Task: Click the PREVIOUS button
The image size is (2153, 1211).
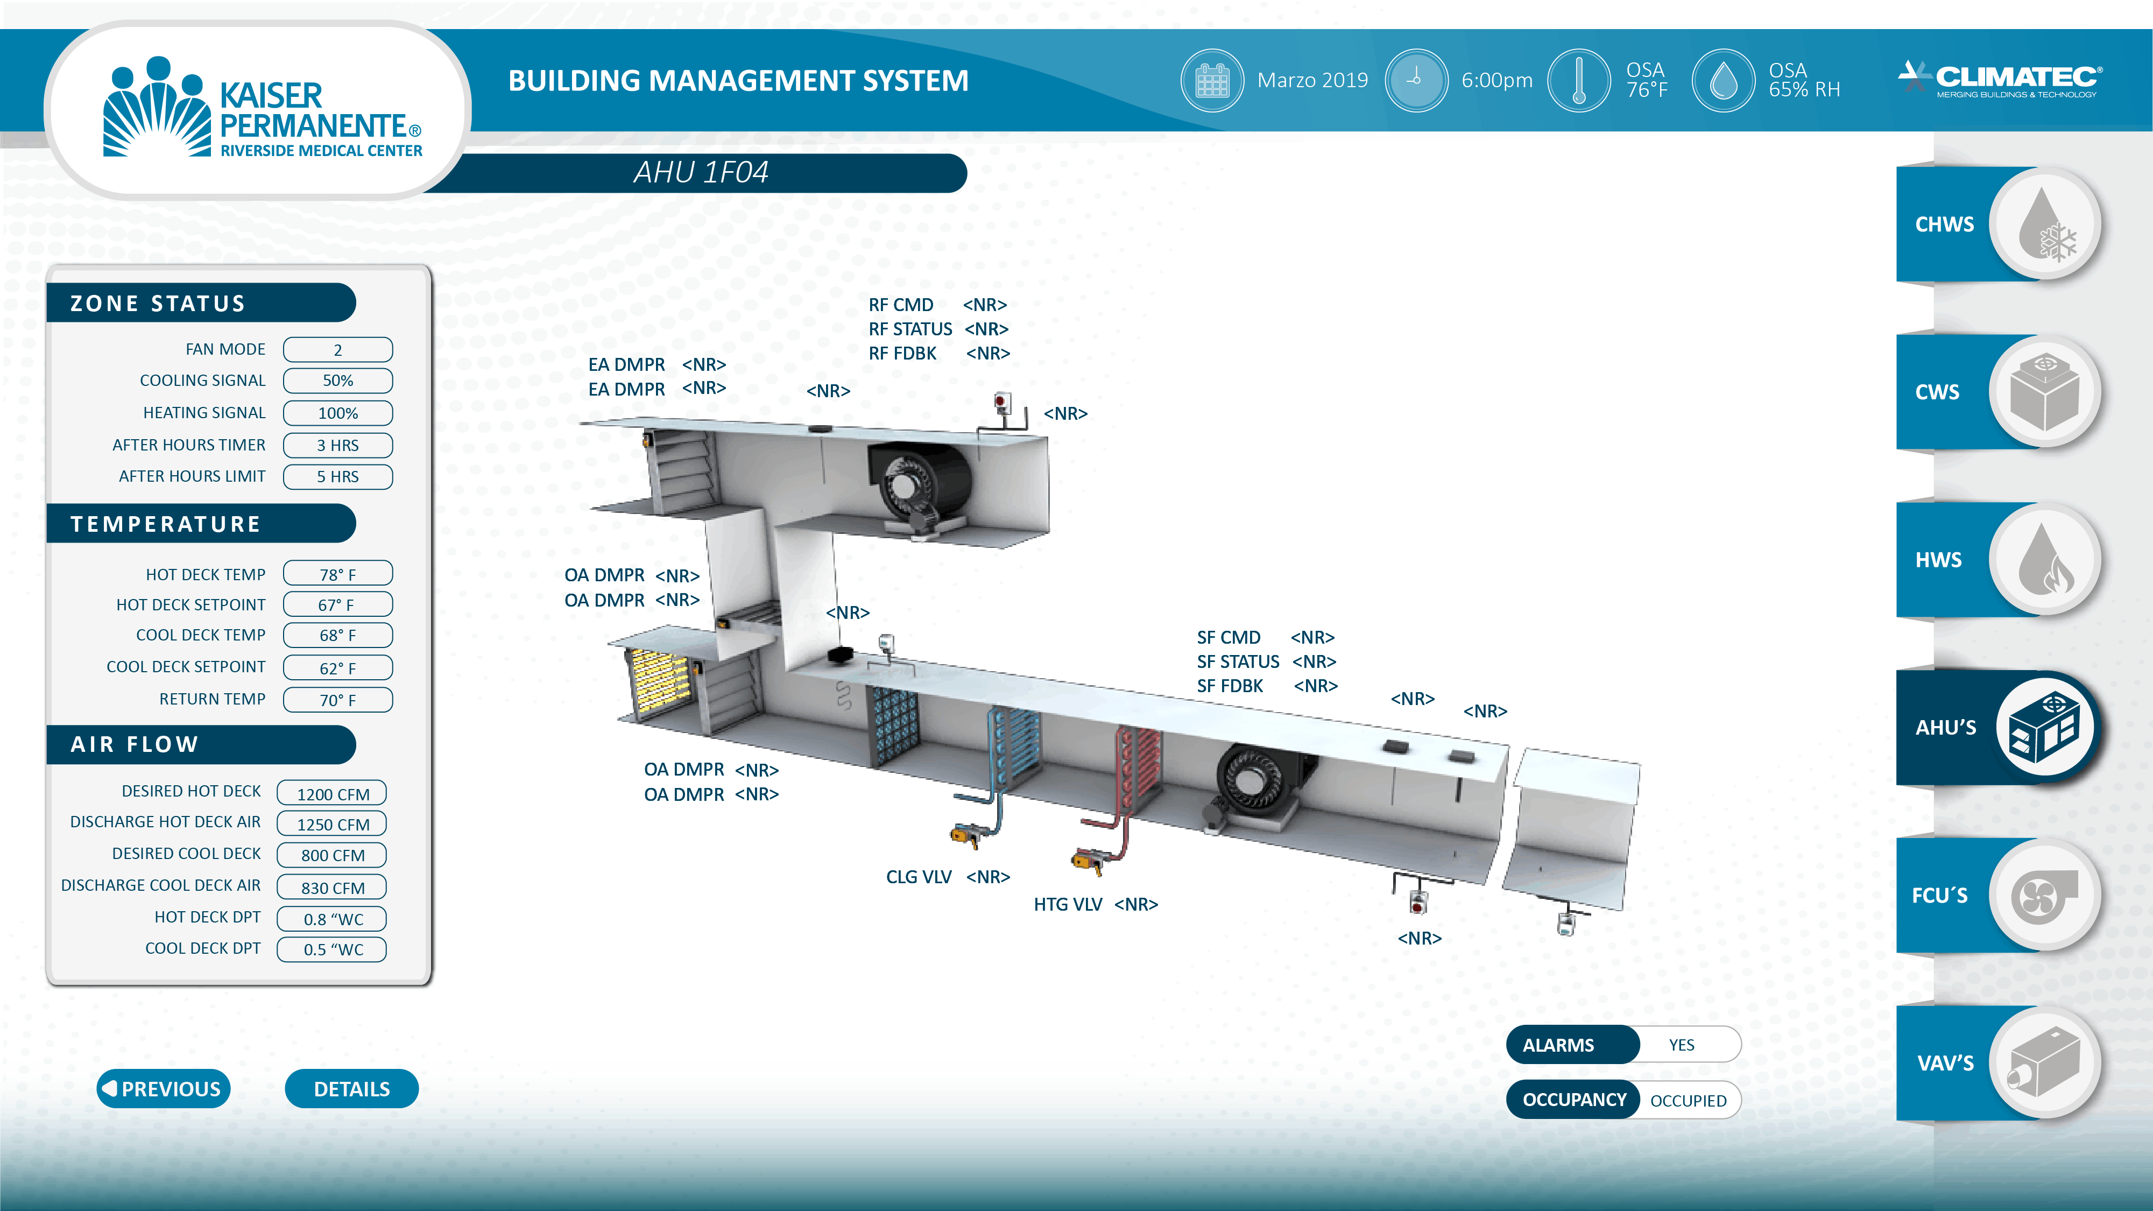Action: pos(164,1088)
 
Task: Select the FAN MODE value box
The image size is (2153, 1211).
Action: pos(337,349)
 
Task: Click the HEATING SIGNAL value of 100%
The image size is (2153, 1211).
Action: pos(337,413)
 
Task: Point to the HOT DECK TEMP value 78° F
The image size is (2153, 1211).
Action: pos(337,574)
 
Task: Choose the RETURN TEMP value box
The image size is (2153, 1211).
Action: pos(337,700)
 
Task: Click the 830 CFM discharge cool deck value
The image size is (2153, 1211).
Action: pos(332,888)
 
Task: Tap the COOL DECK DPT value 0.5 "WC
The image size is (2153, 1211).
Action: pos(332,949)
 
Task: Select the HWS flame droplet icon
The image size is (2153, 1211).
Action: pos(2044,559)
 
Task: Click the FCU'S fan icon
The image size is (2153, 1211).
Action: pos(2044,895)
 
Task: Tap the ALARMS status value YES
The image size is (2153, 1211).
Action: pos(1682,1045)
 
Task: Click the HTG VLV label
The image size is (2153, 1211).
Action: pos(1067,904)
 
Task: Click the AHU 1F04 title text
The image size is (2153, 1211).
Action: pos(701,172)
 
